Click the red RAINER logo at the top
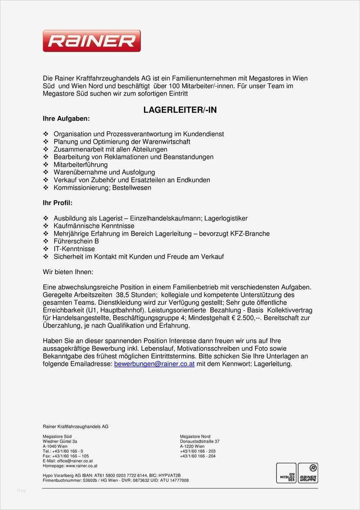pyautogui.click(x=92, y=41)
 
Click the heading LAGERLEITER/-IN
pyautogui.click(x=180, y=110)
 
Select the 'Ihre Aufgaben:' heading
pyautogui.click(x=66, y=118)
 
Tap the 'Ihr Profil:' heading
pyautogui.click(x=58, y=203)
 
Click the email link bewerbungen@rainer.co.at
pyautogui.click(x=154, y=364)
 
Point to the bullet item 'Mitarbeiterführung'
pyautogui.click(x=80, y=165)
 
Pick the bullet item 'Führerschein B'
pyautogui.click(x=76, y=241)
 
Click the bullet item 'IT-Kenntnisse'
pyautogui.click(x=74, y=249)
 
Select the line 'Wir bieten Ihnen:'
pyautogui.click(x=68, y=272)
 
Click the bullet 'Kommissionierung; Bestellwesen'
pyautogui.click(x=102, y=188)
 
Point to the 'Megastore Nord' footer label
pyautogui.click(x=195, y=436)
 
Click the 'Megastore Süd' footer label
pyautogui.click(x=57, y=436)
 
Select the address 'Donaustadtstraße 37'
pyautogui.click(x=200, y=441)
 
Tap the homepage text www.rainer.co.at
pyautogui.click(x=82, y=466)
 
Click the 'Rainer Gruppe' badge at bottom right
pyautogui.click(x=308, y=473)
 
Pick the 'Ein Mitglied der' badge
pyautogui.click(x=286, y=473)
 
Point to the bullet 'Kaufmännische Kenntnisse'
pyautogui.click(x=94, y=226)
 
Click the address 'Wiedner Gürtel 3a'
pyautogui.click(x=60, y=441)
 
